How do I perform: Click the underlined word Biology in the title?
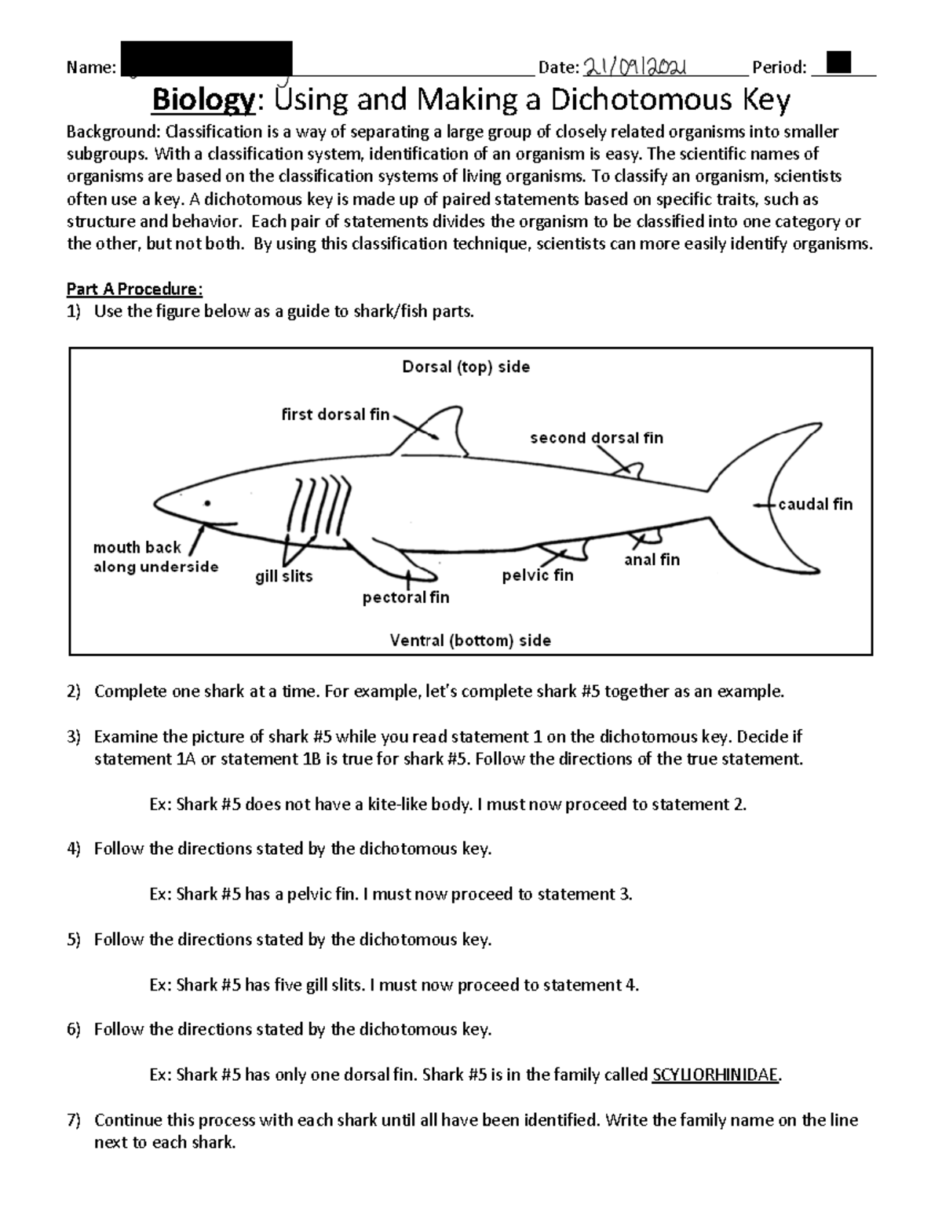click(203, 100)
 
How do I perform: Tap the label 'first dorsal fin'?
click(335, 414)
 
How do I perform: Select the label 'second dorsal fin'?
click(597, 438)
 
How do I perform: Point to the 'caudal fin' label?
click(815, 504)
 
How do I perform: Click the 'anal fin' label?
click(652, 560)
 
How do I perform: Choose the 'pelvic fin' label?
click(538, 575)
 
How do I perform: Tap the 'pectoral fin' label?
click(406, 597)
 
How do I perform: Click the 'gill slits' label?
click(284, 576)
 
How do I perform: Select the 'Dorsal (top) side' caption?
click(466, 367)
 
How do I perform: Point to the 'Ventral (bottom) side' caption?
click(470, 641)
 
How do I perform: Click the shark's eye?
click(207, 502)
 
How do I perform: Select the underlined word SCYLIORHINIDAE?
click(715, 1075)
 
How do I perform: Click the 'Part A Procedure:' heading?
click(135, 289)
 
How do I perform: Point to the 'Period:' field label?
click(779, 68)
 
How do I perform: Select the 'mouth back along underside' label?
click(155, 557)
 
